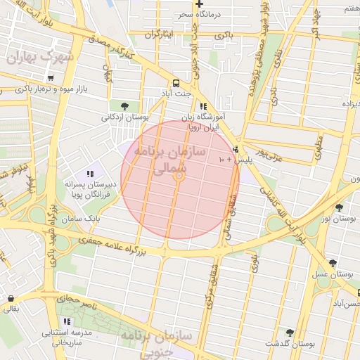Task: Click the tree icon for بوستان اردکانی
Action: [x=124, y=106]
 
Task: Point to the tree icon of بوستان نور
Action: [x=340, y=207]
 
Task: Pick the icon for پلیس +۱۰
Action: [x=235, y=149]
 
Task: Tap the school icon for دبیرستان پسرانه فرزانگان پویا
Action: [x=90, y=174]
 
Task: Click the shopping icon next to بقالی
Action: [x=10, y=298]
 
